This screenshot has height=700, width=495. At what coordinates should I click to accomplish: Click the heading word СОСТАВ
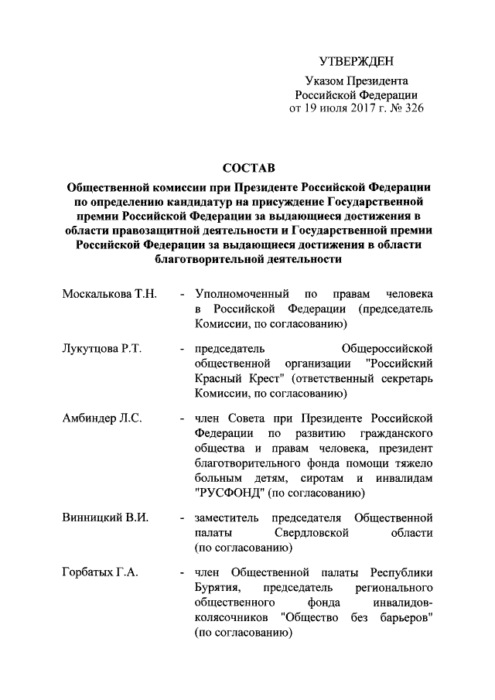[x=247, y=168]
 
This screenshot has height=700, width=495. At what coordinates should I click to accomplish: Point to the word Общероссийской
[x=386, y=347]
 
